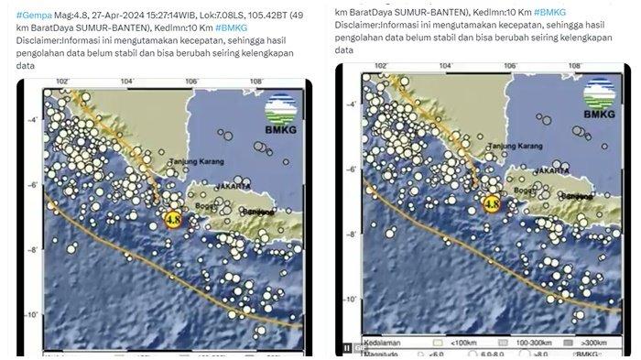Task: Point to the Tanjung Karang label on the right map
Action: pyautogui.click(x=515, y=146)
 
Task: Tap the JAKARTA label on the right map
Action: pyautogui.click(x=550, y=169)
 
